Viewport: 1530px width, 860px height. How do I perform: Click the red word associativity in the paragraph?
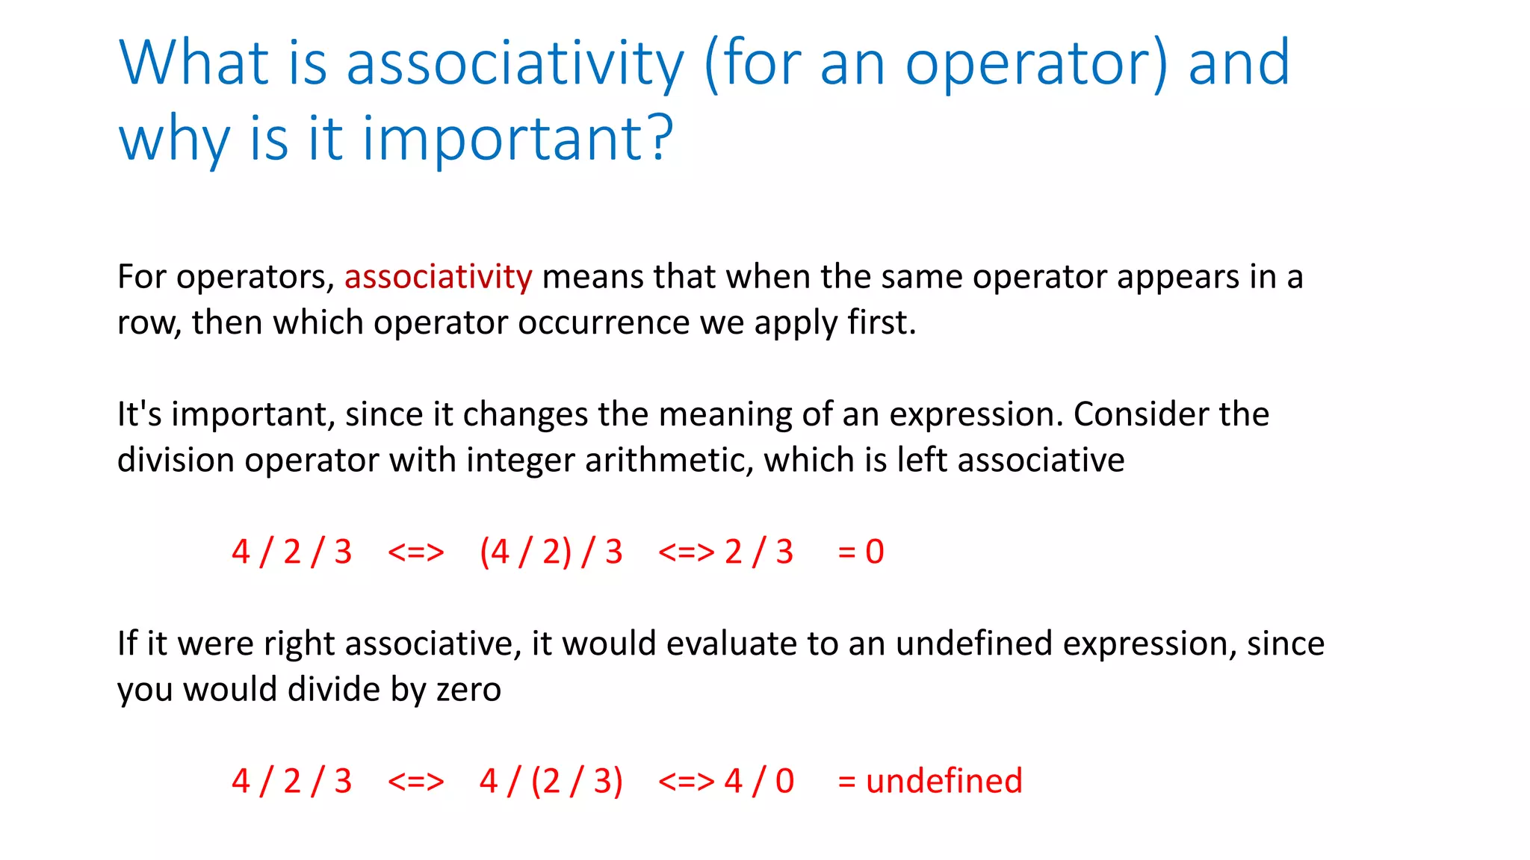click(x=438, y=277)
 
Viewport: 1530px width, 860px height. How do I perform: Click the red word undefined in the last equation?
click(x=944, y=781)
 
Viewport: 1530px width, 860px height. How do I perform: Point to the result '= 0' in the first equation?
click(x=861, y=552)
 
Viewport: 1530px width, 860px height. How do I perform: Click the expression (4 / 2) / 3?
click(x=551, y=552)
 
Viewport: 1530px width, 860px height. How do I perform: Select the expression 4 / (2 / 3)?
click(x=551, y=781)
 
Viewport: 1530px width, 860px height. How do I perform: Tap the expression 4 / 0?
click(x=759, y=781)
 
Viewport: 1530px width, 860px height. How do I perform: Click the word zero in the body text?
click(x=468, y=689)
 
